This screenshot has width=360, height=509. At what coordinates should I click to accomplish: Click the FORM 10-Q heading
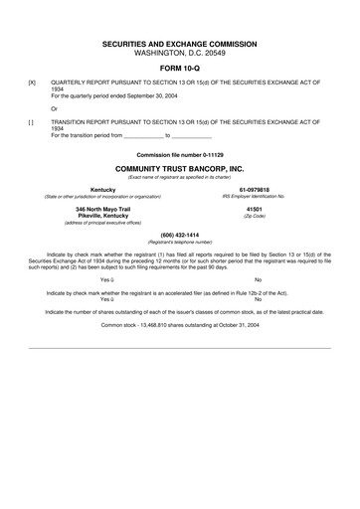(180, 68)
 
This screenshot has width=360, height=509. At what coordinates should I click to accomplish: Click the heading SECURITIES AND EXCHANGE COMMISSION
(180, 46)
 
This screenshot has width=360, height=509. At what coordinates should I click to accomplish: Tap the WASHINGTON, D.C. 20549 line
(180, 55)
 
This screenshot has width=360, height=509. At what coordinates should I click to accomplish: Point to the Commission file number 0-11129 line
(180, 156)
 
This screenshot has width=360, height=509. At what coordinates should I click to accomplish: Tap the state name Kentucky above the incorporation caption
(102, 190)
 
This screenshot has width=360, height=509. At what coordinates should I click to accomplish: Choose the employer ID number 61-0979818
(254, 190)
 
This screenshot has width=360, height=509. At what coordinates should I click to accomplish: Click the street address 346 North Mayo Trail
(102, 210)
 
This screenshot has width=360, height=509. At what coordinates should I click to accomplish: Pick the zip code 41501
(254, 210)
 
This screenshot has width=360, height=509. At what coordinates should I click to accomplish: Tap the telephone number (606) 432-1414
(180, 235)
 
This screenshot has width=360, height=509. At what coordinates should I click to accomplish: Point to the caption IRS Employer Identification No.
(254, 197)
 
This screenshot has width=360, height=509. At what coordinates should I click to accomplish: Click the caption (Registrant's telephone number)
(180, 242)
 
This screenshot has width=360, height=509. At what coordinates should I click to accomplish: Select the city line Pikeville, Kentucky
(102, 217)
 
